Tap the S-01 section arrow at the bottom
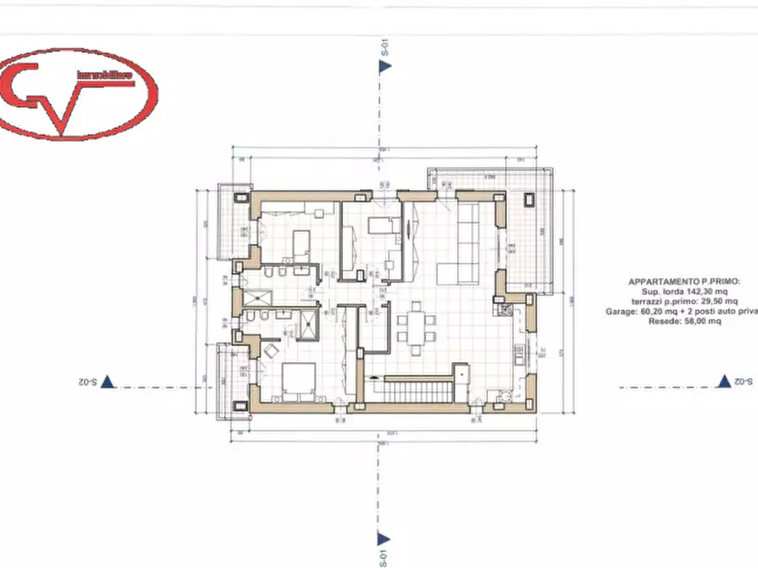coord(384,539)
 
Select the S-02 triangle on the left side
coord(108,382)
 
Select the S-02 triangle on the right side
coord(723,382)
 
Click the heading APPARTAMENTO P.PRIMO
coord(681,281)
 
